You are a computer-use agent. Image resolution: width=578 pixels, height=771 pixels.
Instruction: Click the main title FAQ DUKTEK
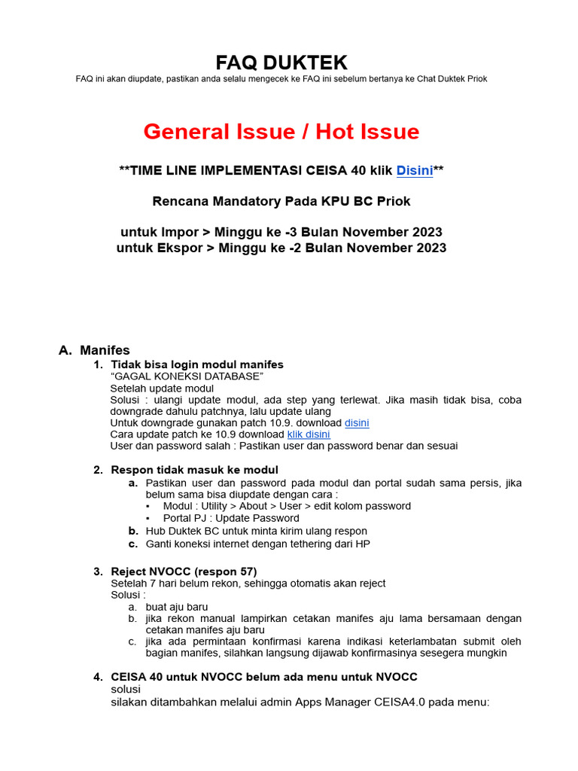281,62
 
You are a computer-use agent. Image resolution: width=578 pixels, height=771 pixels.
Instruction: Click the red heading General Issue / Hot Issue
281,132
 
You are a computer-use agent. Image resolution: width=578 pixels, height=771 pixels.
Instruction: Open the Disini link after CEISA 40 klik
414,171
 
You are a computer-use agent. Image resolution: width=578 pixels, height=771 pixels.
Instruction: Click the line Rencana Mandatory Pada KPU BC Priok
281,201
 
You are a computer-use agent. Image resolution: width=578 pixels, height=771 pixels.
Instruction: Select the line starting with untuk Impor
281,231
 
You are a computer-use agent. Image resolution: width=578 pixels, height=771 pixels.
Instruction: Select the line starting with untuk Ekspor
281,248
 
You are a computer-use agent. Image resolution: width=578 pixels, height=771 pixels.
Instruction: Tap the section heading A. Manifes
95,350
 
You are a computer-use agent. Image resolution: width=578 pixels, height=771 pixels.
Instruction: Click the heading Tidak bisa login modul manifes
197,364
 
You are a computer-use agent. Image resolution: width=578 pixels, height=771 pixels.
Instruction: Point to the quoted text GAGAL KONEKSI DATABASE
187,376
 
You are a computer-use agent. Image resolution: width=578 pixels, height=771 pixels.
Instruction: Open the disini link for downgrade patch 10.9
357,422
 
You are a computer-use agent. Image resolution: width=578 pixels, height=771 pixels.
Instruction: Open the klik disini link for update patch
309,434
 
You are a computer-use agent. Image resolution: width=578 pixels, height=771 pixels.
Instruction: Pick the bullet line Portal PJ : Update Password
230,518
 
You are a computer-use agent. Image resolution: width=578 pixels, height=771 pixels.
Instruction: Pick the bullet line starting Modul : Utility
286,506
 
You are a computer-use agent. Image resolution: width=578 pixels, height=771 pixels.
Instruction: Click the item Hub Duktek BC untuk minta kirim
256,531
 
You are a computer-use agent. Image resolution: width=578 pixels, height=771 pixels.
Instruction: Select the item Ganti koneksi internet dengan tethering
257,544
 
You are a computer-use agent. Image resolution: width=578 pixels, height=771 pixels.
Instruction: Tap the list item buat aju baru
177,607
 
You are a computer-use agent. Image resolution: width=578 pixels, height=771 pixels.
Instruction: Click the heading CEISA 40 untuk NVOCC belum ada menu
263,677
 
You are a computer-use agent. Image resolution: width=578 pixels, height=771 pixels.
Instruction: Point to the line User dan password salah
283,446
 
